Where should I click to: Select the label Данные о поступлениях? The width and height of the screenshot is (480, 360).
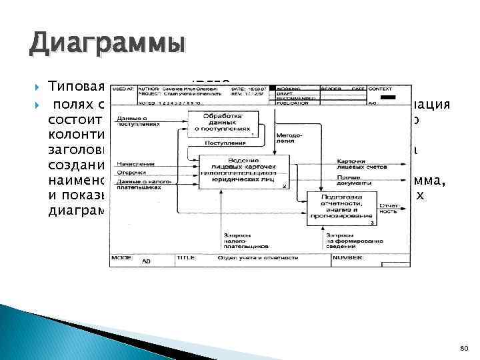click(x=137, y=121)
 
